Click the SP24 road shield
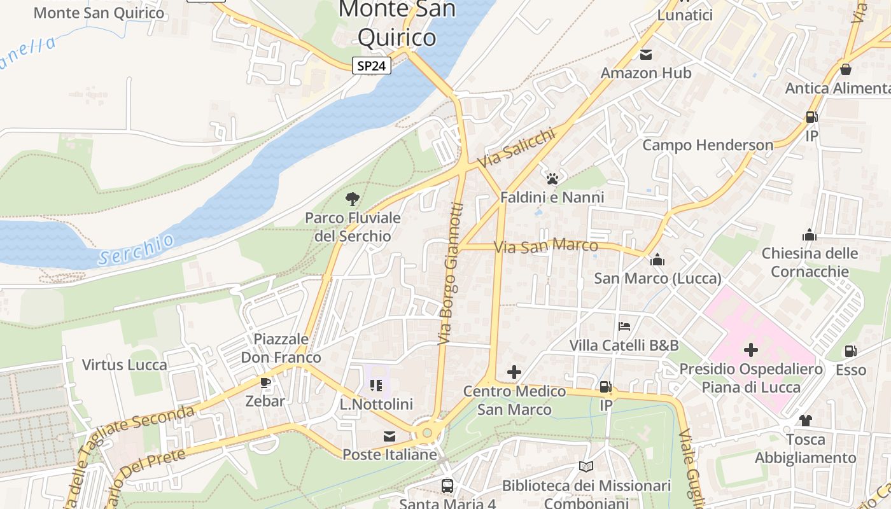click(x=372, y=66)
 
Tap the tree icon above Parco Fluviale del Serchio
click(x=352, y=199)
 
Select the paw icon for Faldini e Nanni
click(x=552, y=178)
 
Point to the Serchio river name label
click(x=136, y=249)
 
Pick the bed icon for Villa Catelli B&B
click(x=624, y=326)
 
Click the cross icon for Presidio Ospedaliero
click(x=751, y=349)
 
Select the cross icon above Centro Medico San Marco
click(x=514, y=372)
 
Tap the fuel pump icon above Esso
click(x=850, y=351)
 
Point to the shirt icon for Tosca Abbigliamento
click(x=805, y=420)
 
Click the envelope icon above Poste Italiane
click(x=389, y=436)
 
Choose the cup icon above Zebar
click(x=265, y=383)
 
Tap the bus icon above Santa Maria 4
click(x=447, y=486)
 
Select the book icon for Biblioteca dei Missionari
click(x=586, y=466)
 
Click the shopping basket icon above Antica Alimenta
click(x=846, y=69)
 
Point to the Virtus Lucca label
click(x=125, y=365)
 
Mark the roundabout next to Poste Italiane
click(x=427, y=433)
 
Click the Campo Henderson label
click(x=708, y=145)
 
